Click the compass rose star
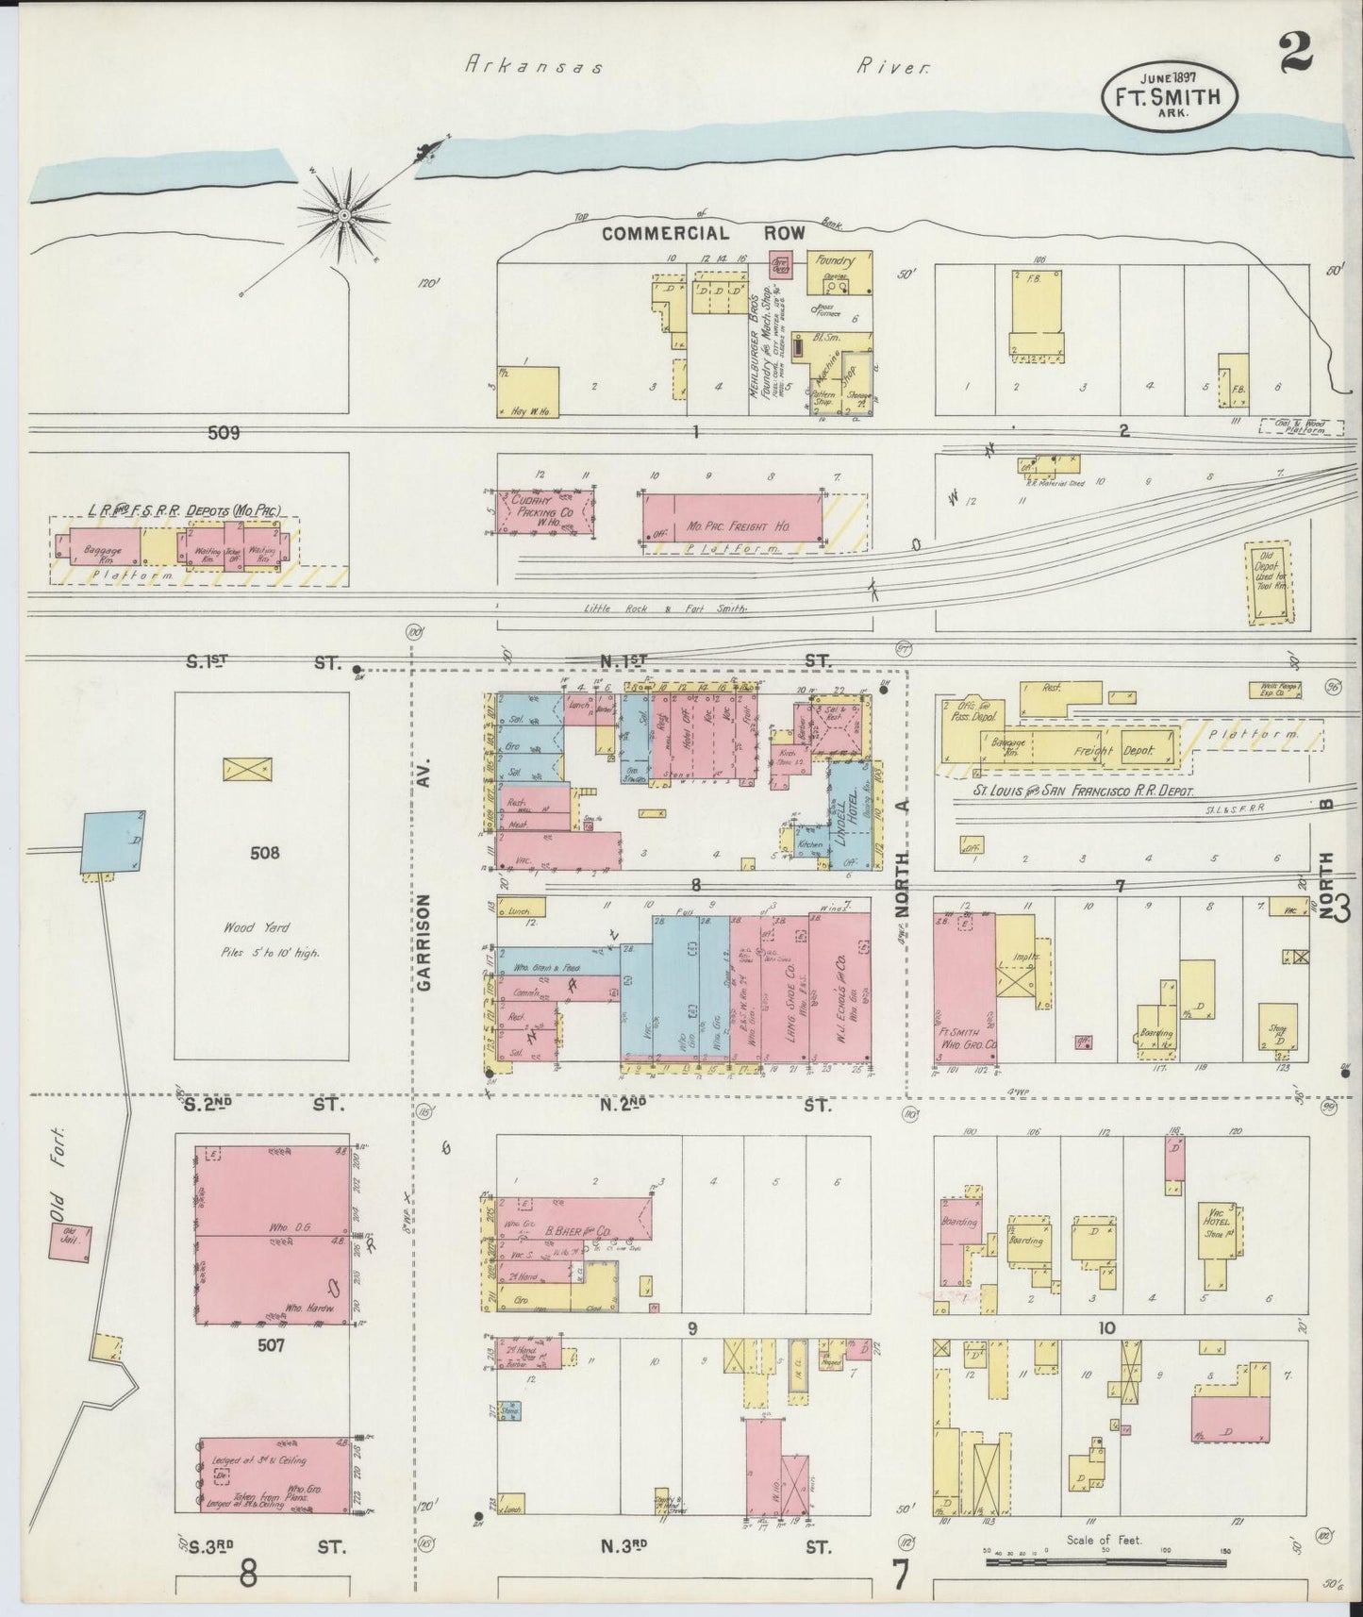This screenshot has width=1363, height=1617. (345, 215)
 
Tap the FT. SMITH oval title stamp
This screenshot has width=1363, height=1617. (1172, 95)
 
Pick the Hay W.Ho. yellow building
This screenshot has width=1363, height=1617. (528, 392)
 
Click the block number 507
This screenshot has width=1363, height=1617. (271, 1344)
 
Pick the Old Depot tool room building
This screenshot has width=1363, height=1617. (1269, 582)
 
